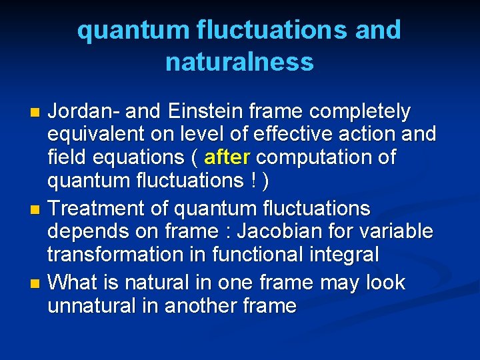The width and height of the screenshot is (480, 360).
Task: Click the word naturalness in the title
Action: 239,62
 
